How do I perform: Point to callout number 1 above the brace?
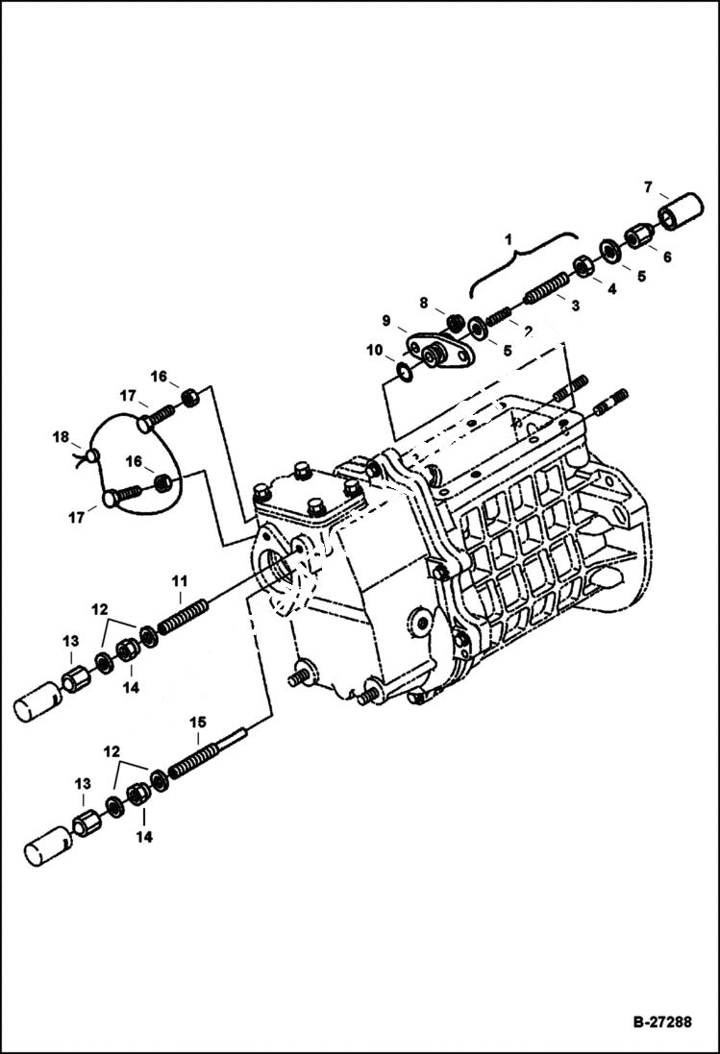coord(509,235)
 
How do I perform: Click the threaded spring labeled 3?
coord(549,284)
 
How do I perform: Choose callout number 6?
coord(667,257)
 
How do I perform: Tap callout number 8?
coord(424,303)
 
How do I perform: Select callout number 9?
coord(385,320)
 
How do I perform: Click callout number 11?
coord(179,580)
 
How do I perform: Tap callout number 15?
coord(197,721)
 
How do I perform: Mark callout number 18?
coord(62,437)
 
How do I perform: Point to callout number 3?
coord(575,306)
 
